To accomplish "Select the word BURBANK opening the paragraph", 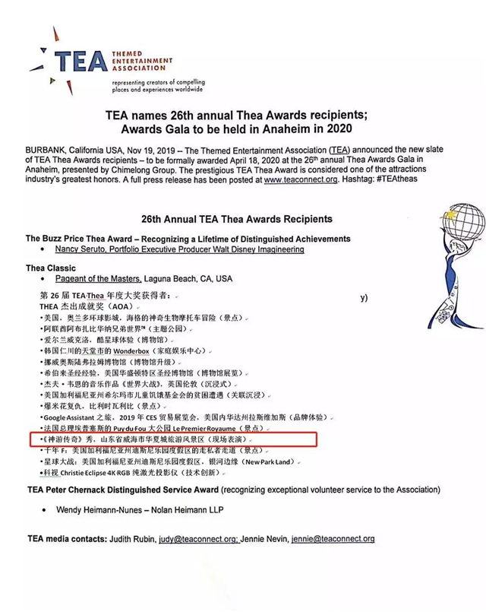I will coord(51,152).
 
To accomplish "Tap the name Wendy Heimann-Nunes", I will coord(103,509).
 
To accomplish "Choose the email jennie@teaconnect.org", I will coord(335,539).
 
